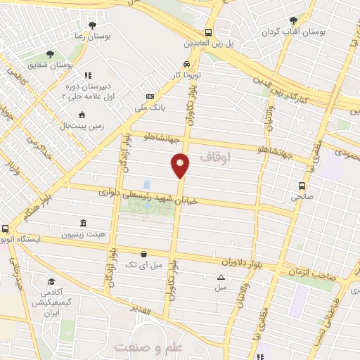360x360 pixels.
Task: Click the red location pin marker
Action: coord(181,165)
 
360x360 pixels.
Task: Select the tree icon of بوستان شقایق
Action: coord(49,54)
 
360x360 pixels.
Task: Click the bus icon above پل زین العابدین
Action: coord(207,32)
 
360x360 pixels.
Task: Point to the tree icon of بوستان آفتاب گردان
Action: coord(293,20)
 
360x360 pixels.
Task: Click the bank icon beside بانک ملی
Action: coord(150,96)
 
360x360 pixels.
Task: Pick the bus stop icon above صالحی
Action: coord(302,186)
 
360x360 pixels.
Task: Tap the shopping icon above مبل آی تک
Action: coord(143,255)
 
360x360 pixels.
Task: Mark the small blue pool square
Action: coord(146,184)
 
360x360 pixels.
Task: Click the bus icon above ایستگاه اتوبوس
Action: coord(6,228)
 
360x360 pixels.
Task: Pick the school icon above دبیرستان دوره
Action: coord(87,75)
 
